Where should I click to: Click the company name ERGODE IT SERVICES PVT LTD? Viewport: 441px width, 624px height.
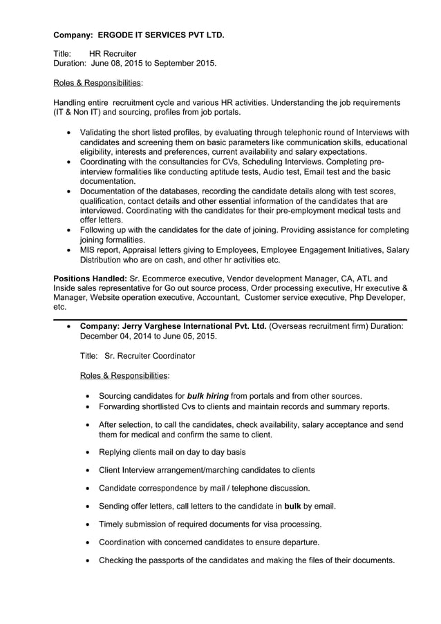[x=160, y=34]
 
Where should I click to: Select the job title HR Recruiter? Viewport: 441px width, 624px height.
[x=113, y=54]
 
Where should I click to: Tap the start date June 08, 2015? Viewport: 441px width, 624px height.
[x=118, y=64]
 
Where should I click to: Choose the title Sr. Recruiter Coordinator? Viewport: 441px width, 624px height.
[x=149, y=356]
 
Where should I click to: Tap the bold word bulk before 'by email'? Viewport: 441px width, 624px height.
[x=292, y=506]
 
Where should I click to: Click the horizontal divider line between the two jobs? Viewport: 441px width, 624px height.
[x=230, y=318]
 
